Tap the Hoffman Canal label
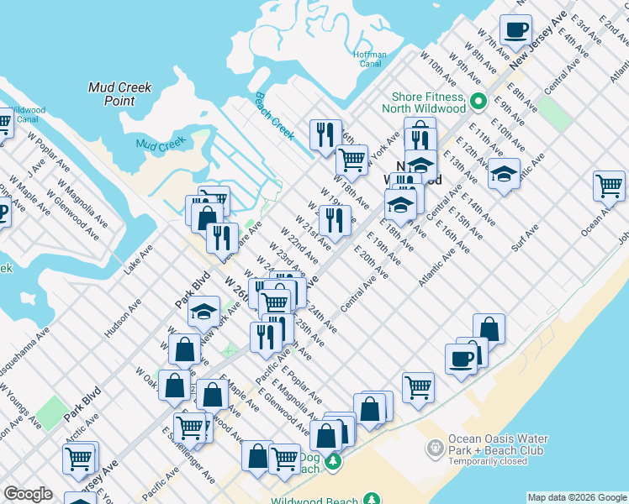(370, 60)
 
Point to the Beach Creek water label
(274, 116)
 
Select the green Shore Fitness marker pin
(478, 102)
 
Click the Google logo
(28, 494)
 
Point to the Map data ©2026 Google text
(576, 497)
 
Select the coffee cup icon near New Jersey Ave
(515, 30)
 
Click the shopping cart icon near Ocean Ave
(609, 186)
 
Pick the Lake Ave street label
(139, 260)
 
